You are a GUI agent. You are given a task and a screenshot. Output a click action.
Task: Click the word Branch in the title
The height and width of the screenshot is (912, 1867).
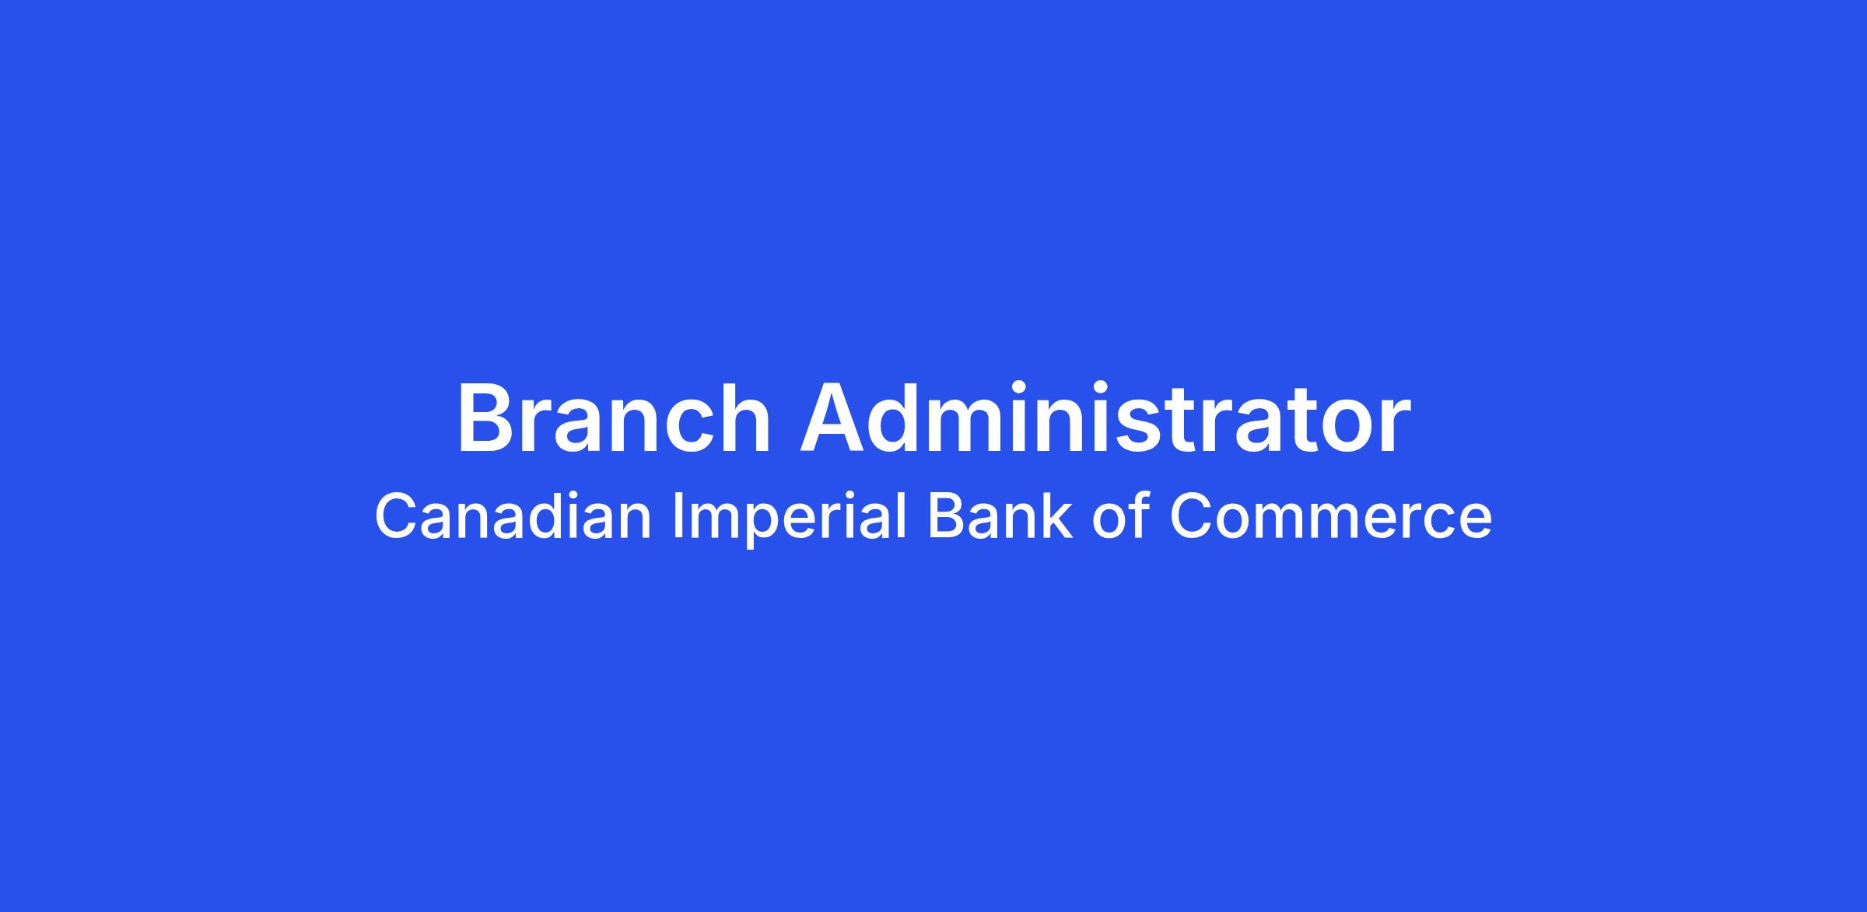coord(613,418)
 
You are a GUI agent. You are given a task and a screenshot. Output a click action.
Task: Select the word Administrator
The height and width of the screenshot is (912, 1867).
coord(1105,418)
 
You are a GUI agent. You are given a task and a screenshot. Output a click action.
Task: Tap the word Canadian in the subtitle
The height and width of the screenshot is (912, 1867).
coord(513,516)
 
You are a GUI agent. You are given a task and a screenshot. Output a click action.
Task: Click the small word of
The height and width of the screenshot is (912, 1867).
coord(1121,516)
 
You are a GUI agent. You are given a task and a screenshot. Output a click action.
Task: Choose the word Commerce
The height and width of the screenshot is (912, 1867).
coord(1331,517)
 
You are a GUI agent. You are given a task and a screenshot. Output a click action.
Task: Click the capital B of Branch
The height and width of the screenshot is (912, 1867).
coord(484,418)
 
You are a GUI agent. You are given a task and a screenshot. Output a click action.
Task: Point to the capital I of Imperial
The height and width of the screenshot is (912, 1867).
coord(677,516)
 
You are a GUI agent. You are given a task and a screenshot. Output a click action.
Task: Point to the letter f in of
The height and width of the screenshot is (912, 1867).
coord(1140,515)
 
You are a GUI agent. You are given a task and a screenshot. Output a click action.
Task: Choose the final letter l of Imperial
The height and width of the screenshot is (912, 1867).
coord(903,515)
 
